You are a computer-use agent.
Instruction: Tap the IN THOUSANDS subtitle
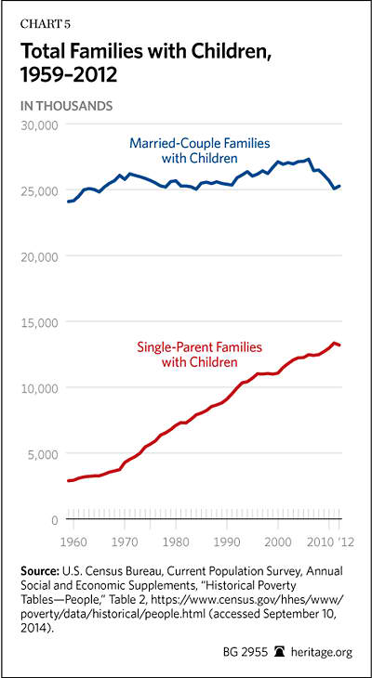pos(67,106)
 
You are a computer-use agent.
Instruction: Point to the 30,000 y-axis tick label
pos(39,125)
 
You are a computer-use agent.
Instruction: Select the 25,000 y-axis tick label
pos(39,190)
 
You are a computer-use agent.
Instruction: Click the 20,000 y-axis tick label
pos(39,256)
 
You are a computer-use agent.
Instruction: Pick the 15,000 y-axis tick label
pos(40,322)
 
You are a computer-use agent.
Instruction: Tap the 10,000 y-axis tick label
pos(40,388)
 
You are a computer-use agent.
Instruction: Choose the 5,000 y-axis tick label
pos(43,454)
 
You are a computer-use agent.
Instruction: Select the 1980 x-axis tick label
pos(176,541)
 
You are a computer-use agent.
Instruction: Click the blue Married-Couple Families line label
pos(200,150)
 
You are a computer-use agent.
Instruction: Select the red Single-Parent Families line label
pos(200,354)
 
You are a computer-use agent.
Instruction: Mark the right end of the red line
pos(340,346)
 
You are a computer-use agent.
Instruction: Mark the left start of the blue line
pos(68,202)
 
